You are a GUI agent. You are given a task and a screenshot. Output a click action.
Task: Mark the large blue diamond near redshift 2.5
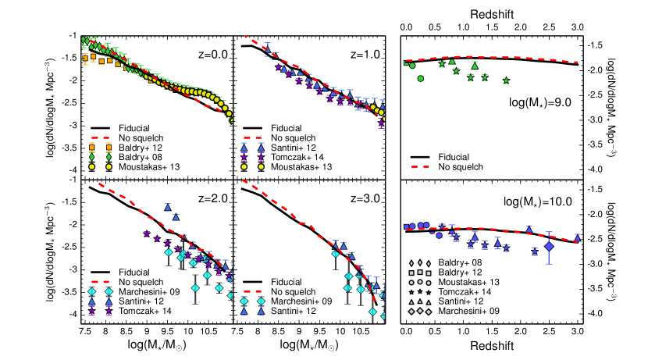pyautogui.click(x=549, y=247)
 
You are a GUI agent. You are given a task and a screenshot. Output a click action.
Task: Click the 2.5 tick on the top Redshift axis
pyautogui.click(x=549, y=27)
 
